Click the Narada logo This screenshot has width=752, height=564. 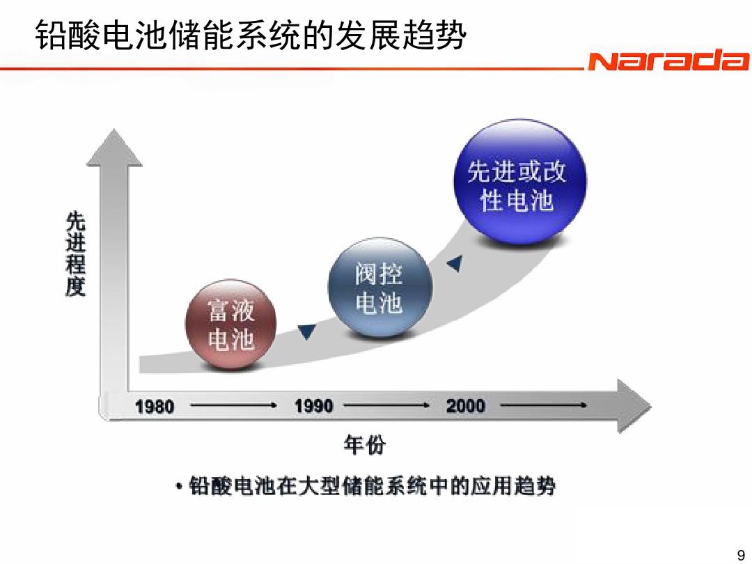pyautogui.click(x=668, y=61)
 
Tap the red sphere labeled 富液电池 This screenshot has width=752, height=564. pyautogui.click(x=230, y=324)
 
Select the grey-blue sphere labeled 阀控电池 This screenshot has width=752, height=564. pyautogui.click(x=380, y=288)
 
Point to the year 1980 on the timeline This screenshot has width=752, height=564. pyautogui.click(x=155, y=407)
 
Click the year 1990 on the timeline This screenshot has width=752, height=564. pyautogui.click(x=313, y=406)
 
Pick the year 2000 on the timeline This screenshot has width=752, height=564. pyautogui.click(x=465, y=406)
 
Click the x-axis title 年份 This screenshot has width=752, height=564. pyautogui.click(x=364, y=445)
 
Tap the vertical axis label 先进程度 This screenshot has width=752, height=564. pyautogui.click(x=76, y=253)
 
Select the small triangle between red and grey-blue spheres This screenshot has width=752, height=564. pyautogui.click(x=306, y=331)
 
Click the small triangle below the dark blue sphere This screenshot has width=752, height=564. pyautogui.click(x=455, y=263)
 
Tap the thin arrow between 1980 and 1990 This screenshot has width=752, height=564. pyautogui.click(x=233, y=406)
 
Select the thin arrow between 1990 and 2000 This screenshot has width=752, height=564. pyautogui.click(x=386, y=405)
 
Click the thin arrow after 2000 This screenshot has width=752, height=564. pyautogui.click(x=543, y=405)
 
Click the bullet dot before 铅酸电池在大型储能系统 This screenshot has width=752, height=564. pyautogui.click(x=179, y=487)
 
